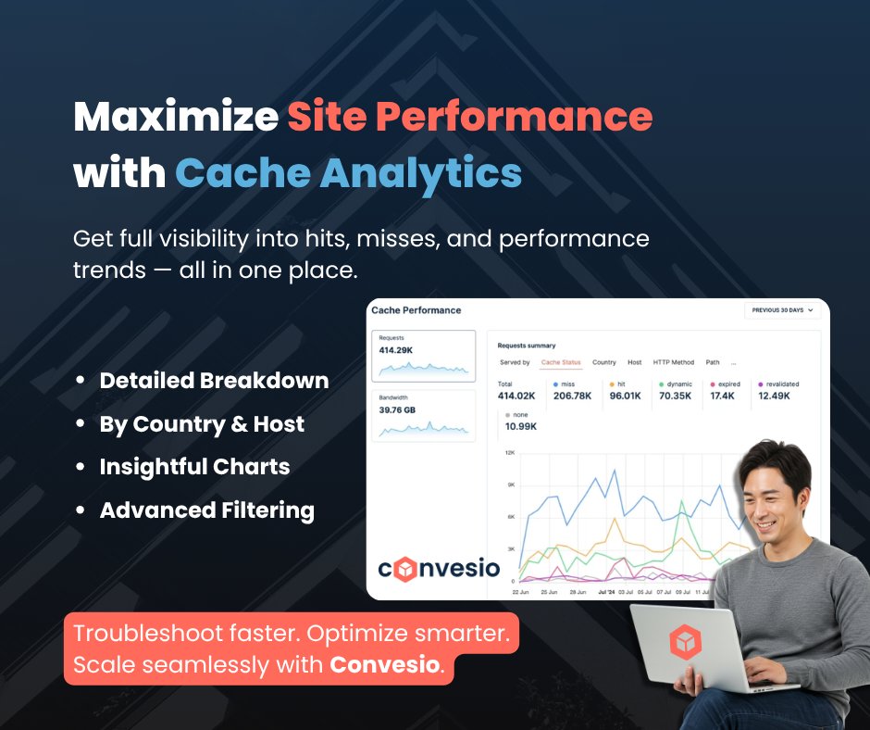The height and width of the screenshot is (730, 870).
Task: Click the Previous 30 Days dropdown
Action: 782,310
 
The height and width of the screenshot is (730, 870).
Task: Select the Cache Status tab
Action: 561,362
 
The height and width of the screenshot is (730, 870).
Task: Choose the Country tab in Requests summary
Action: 604,362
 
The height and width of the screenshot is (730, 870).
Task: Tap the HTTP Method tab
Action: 673,362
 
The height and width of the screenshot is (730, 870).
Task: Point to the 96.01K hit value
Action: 626,396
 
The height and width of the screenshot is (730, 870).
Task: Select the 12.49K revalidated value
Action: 775,396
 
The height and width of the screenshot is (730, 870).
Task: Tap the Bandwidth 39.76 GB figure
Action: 399,410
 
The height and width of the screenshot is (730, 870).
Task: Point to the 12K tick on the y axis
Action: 509,452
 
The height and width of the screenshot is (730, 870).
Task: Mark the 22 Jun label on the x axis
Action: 521,591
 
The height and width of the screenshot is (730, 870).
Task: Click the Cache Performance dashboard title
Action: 416,310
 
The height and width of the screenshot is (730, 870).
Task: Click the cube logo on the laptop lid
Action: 685,641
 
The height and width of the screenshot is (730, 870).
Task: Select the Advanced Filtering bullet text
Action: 206,510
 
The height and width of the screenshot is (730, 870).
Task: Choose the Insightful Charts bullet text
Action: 194,467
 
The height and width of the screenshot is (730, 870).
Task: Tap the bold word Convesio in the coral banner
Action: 385,664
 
